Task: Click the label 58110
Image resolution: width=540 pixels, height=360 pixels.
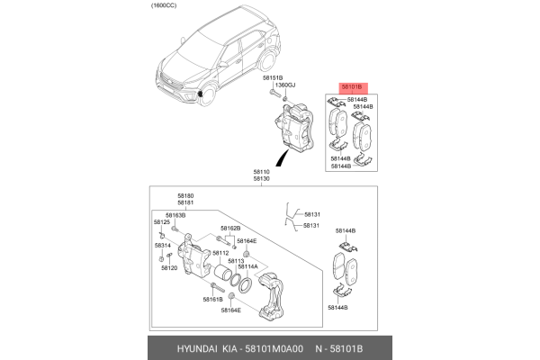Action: (x=261, y=171)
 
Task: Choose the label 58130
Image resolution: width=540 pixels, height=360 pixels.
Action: (x=261, y=179)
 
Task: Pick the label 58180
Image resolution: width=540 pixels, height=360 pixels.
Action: (x=185, y=195)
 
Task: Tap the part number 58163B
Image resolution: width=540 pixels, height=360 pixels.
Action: (x=175, y=216)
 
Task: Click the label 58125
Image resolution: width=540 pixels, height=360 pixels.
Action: (x=161, y=222)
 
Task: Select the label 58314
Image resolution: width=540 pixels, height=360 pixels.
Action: (x=161, y=245)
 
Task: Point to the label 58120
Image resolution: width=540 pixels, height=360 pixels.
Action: (x=169, y=267)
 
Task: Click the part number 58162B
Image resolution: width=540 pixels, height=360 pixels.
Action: (x=229, y=229)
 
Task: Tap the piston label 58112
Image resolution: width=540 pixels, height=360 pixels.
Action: (x=220, y=253)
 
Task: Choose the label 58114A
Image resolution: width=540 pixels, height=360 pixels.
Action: (x=247, y=267)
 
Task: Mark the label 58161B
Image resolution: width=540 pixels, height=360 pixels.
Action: (x=212, y=299)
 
